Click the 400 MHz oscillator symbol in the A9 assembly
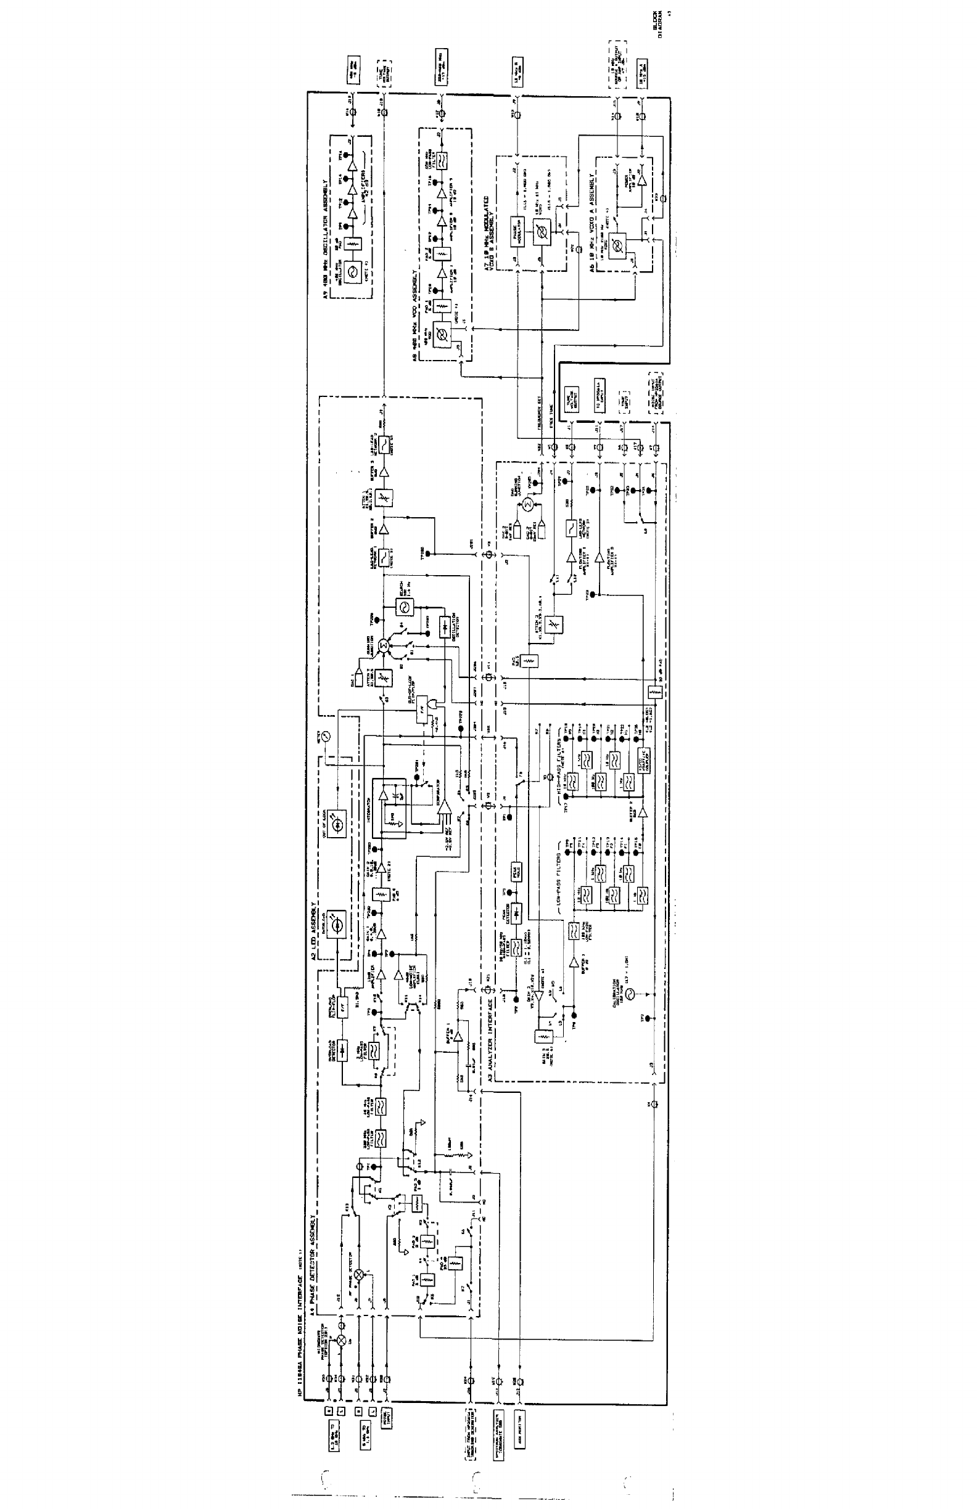[x=353, y=272]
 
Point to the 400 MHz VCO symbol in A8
[x=437, y=333]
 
